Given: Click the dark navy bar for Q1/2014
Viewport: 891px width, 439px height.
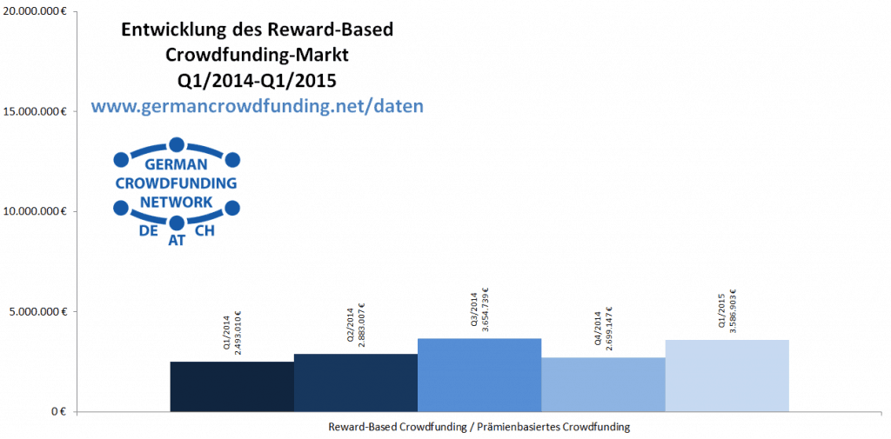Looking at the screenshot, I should (x=231, y=386).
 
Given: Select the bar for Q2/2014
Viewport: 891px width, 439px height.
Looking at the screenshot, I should (x=355, y=382).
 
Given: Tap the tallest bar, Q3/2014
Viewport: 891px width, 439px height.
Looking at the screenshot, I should (x=479, y=375).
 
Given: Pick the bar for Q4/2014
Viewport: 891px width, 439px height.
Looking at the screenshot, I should (x=602, y=384).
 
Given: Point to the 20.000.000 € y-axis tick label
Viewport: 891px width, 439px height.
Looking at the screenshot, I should (x=36, y=11).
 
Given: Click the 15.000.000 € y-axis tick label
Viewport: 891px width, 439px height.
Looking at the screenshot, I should (x=36, y=111).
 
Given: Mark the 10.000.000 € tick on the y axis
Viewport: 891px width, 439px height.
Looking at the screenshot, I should (x=36, y=211).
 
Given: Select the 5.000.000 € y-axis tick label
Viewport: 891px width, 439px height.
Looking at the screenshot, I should (x=38, y=311).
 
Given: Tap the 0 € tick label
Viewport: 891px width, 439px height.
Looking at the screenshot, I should (x=56, y=411).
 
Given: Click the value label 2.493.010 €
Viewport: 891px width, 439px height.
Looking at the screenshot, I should (x=238, y=334).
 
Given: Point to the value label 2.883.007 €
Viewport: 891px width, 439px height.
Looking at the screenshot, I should (x=361, y=326).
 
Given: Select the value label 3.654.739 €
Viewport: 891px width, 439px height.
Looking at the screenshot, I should (x=485, y=310).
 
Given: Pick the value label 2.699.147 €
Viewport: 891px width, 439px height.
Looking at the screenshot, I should (x=609, y=330).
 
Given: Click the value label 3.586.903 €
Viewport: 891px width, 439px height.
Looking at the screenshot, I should (x=733, y=311).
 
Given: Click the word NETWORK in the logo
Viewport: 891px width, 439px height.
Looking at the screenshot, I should (x=177, y=203).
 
